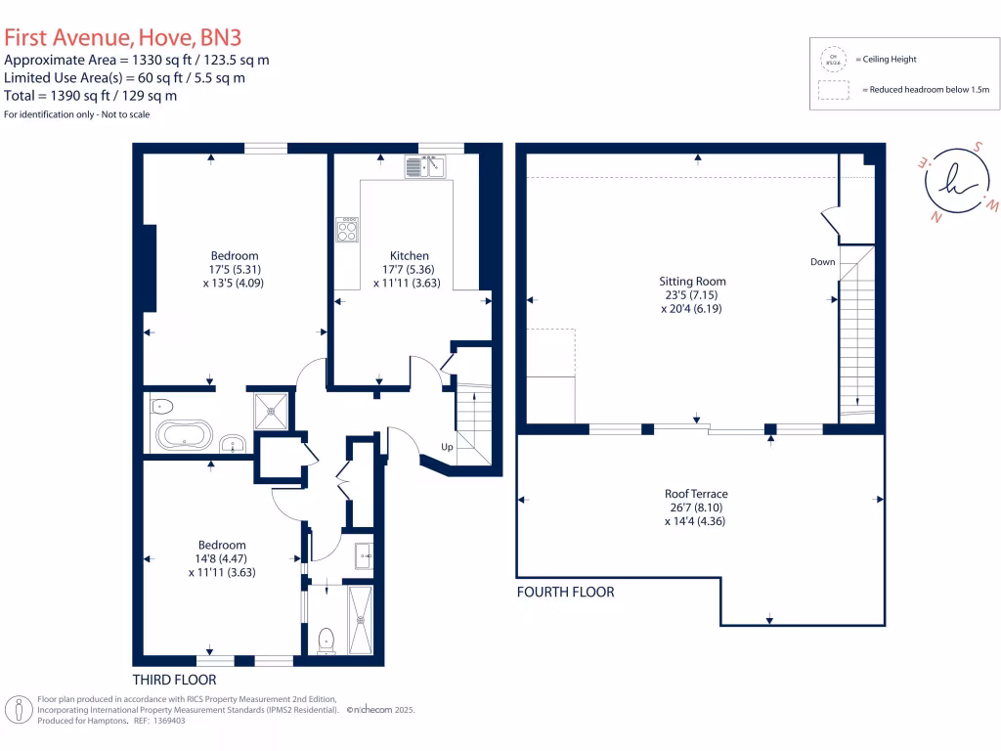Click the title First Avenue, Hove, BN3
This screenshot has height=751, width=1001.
coord(122,38)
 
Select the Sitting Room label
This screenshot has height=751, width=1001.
coord(692,281)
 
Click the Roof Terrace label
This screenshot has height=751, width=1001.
coord(696,494)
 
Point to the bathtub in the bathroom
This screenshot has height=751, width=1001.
coord(184,434)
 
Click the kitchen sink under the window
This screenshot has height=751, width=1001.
coord(424,166)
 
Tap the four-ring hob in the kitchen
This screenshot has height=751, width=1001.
coord(347,230)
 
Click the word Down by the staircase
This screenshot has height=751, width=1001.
coord(822,262)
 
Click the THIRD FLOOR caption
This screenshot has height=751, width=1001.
coord(174,679)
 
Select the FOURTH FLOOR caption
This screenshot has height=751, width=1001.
coord(565,592)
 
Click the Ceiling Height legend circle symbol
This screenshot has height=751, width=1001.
coord(834,60)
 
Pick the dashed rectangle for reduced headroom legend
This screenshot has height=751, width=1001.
coord(834,90)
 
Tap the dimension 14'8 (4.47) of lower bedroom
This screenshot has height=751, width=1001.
coord(222,559)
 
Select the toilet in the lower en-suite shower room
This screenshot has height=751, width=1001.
coord(326,640)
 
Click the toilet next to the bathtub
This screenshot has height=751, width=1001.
coord(162,406)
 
